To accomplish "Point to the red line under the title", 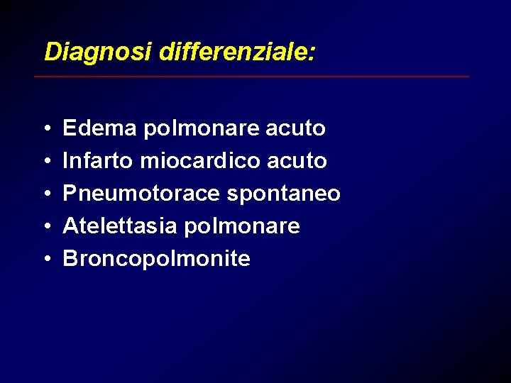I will (x=252, y=76).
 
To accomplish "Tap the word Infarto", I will (x=98, y=161).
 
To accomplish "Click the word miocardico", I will (x=200, y=161).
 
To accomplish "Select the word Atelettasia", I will (x=120, y=226).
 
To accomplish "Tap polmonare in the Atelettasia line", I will (x=242, y=226).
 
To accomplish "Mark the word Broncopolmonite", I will (x=156, y=259).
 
